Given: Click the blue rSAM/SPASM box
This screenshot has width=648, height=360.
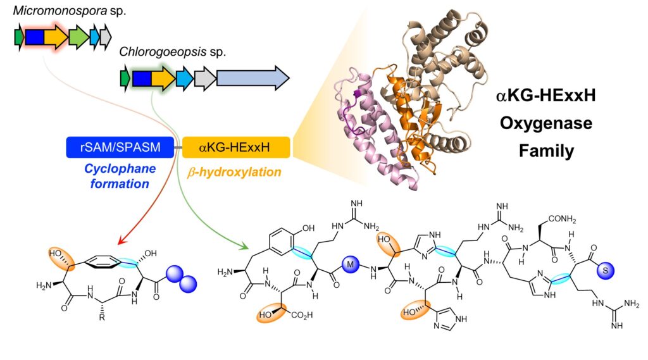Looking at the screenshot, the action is tap(120, 147).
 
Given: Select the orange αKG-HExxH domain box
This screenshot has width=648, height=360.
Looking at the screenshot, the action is tap(236, 147).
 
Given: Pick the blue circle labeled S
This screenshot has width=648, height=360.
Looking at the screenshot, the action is tap(606, 271).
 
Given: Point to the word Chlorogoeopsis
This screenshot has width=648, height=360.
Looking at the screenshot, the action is tap(163, 52).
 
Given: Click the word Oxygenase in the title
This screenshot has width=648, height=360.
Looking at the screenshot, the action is tap(546, 123).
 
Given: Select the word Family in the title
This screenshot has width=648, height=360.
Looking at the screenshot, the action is tap(546, 151).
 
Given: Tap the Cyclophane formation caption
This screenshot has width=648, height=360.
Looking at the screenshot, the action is tap(120, 176).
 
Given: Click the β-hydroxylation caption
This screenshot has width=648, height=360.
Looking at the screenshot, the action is tap(234, 172).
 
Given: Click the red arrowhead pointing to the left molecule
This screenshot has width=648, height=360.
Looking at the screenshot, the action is tap(122, 240).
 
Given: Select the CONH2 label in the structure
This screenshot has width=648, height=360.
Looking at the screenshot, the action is tap(562, 219).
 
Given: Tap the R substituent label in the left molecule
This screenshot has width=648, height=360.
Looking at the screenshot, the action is tap(102, 318).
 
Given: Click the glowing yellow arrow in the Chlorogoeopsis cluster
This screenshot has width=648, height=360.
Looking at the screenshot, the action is tap(163, 78).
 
